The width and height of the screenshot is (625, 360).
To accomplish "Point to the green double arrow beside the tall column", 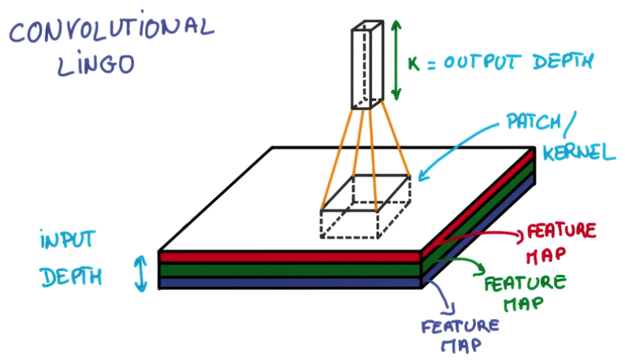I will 396,61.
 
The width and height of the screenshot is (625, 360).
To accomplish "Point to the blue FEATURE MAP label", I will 459,334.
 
